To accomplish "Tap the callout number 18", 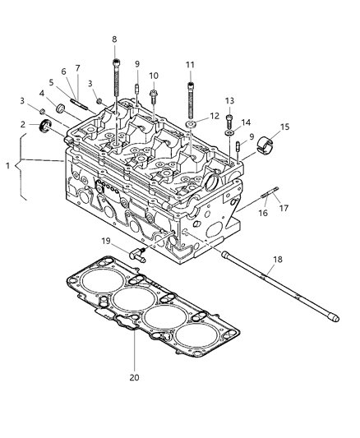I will pyautogui.click(x=277, y=259).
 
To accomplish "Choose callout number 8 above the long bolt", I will pyautogui.click(x=114, y=39).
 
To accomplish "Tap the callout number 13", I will pyautogui.click(x=230, y=100).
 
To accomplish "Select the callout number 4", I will pyautogui.click(x=42, y=93).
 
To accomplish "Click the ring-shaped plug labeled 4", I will pyautogui.click(x=61, y=108).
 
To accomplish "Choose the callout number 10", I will pyautogui.click(x=154, y=76).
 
